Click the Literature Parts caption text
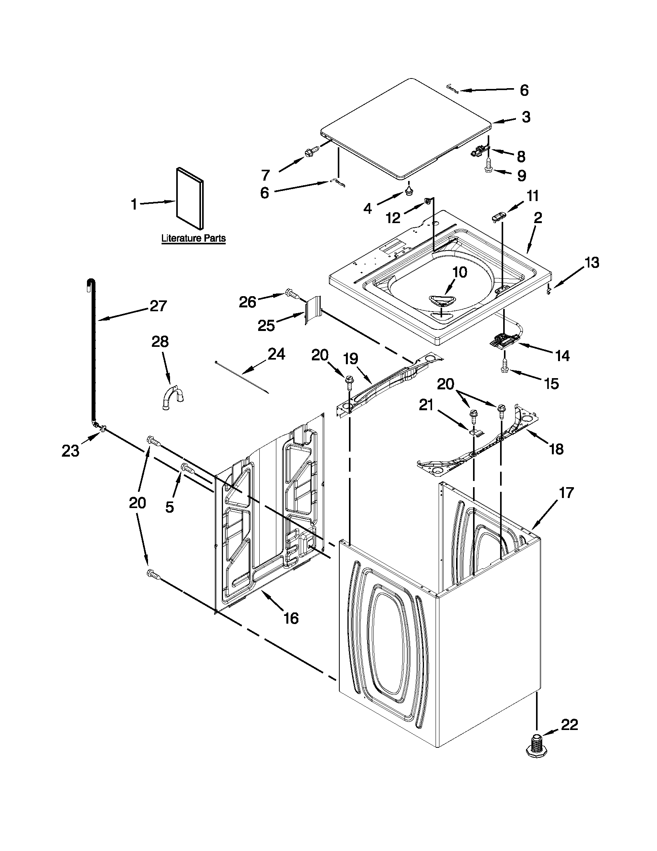[x=194, y=238]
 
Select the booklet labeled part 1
[x=189, y=198]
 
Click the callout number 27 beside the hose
[x=158, y=306]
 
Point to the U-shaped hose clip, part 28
[x=173, y=399]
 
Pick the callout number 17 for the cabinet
[x=566, y=493]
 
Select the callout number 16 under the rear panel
[x=291, y=618]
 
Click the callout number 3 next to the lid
[x=526, y=116]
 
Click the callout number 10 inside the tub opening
[x=460, y=272]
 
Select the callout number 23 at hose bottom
[x=70, y=450]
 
